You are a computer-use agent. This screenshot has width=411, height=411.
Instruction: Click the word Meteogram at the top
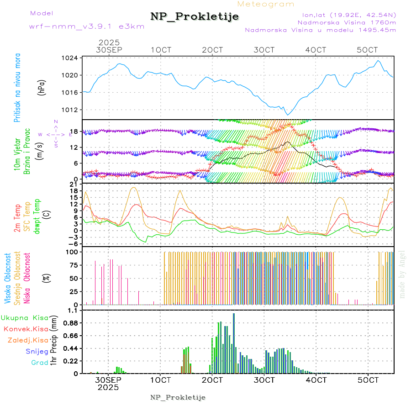266,4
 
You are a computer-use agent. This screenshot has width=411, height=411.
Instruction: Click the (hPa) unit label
42,87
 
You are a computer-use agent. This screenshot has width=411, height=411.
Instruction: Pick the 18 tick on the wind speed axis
73,132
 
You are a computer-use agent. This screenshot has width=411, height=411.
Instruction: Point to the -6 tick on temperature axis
72,244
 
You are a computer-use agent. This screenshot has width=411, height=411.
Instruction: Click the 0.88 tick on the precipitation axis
70,323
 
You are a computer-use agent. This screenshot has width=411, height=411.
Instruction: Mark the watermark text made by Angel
402,274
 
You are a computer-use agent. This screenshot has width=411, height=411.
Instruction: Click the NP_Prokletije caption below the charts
178,397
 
